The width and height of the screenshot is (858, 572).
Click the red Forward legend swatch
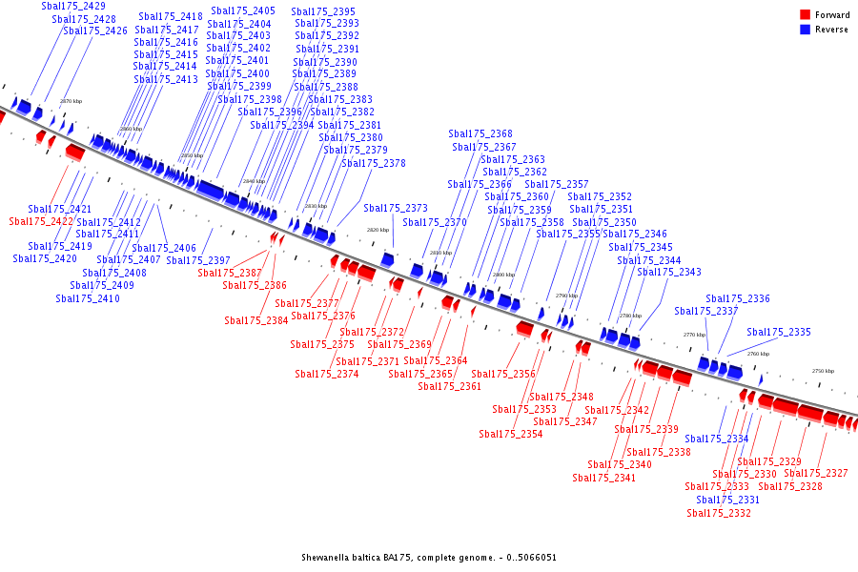point(806,15)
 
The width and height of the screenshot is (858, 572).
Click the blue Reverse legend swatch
point(806,30)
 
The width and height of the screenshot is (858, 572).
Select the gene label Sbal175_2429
point(73,6)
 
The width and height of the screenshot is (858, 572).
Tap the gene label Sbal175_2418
point(170,16)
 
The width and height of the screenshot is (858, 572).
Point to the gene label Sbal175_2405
point(242,10)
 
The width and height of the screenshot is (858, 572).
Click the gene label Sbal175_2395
point(323,11)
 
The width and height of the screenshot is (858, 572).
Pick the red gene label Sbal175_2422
point(41,221)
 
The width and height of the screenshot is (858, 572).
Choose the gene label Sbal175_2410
point(88,298)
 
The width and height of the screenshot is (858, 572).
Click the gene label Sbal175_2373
point(396,208)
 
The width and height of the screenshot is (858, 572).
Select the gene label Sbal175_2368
point(480,133)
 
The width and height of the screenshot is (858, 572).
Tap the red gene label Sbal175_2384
point(256,320)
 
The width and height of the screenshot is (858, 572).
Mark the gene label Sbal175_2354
point(511,434)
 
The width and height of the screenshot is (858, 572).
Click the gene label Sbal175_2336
point(738,298)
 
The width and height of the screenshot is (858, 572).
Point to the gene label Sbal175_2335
point(779,332)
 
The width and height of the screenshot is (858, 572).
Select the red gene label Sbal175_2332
point(719,513)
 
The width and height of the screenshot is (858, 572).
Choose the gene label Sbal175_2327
point(816,473)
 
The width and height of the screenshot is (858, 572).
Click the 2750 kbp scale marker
point(823,371)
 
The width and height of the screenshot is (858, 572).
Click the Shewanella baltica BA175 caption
point(429,558)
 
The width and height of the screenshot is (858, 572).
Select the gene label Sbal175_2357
point(557,184)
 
